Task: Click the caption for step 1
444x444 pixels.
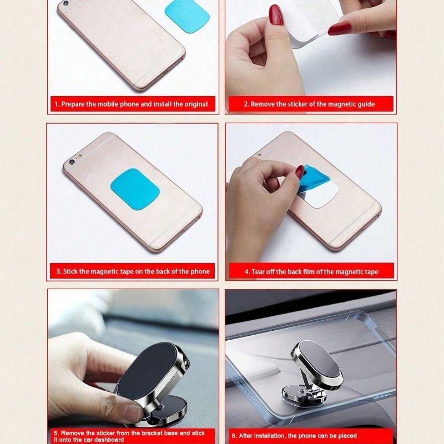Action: click(x=131, y=104)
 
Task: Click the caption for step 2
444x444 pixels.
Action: click(x=310, y=104)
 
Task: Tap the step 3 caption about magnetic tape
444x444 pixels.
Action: click(x=133, y=271)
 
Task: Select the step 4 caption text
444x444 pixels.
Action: click(x=311, y=272)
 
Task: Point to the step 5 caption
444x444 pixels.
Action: click(x=129, y=436)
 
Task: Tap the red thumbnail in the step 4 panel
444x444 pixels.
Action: click(x=300, y=172)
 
